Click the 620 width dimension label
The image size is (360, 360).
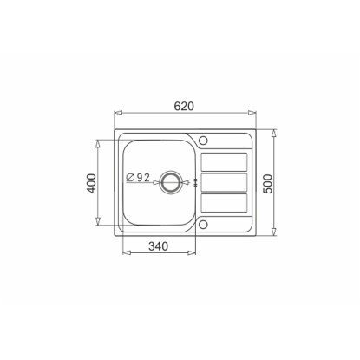coord(184,107)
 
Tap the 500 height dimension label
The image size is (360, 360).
coord(268,184)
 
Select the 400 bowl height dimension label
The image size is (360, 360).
coord(92,183)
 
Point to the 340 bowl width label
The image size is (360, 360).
coord(158,246)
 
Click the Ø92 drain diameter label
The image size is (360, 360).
coord(138,177)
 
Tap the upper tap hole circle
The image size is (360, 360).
coord(203,141)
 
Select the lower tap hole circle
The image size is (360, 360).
coord(203,224)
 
